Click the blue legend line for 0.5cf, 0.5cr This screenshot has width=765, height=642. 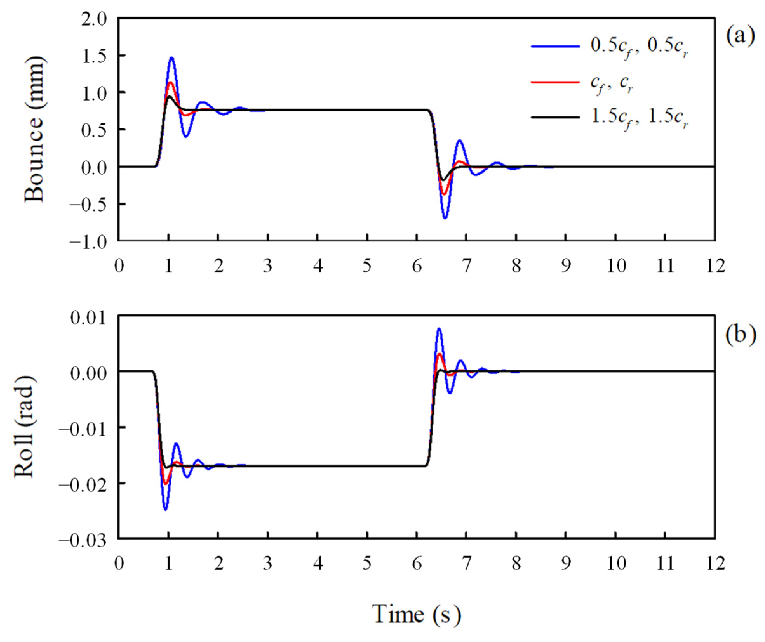(555, 47)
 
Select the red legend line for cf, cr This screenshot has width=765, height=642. (555, 82)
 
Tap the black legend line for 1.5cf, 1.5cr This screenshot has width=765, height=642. (555, 117)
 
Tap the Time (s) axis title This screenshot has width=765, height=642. (416, 614)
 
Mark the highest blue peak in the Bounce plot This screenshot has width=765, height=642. (171, 57)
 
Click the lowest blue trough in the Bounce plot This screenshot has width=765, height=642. (445, 218)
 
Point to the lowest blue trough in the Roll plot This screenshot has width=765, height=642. (166, 509)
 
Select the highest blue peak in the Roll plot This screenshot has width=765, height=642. (439, 329)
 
